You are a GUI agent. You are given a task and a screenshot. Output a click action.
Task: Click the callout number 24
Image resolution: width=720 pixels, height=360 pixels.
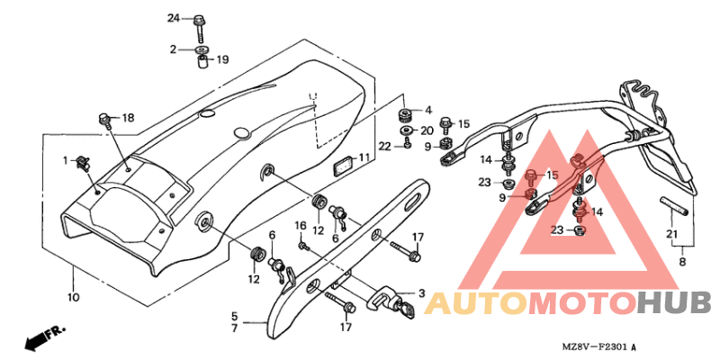[x=173, y=19]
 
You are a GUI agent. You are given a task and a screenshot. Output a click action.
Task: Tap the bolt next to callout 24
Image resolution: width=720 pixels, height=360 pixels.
[x=200, y=29]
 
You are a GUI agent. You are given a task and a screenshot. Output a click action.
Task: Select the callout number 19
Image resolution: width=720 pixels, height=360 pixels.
[x=222, y=59]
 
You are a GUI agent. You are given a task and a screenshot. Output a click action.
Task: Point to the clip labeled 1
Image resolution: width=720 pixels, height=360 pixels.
[x=83, y=162]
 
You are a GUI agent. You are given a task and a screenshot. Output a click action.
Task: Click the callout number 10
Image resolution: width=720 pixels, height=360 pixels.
[x=74, y=297]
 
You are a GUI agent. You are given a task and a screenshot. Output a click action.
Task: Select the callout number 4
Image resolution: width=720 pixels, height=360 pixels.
[x=428, y=110]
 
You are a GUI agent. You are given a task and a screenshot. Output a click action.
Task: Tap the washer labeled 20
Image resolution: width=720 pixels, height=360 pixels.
[x=406, y=130]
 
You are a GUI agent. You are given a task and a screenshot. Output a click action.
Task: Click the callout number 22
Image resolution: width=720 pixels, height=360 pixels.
[x=385, y=147]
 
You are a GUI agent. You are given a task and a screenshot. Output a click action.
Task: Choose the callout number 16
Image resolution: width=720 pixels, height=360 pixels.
[x=300, y=226]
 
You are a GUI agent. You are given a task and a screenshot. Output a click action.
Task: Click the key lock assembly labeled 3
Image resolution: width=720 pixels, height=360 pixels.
[x=391, y=301]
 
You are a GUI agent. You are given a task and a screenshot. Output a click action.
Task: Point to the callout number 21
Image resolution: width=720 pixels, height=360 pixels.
[x=672, y=234]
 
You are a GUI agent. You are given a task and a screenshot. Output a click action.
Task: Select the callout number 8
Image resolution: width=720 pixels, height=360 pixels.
[x=682, y=263]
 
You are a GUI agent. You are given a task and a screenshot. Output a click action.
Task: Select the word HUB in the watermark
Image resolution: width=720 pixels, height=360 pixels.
[x=680, y=302]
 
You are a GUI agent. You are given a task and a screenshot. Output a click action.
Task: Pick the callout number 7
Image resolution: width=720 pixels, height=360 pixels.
[x=234, y=328]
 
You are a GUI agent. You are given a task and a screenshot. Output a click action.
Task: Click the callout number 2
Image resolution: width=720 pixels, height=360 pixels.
[x=173, y=49]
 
